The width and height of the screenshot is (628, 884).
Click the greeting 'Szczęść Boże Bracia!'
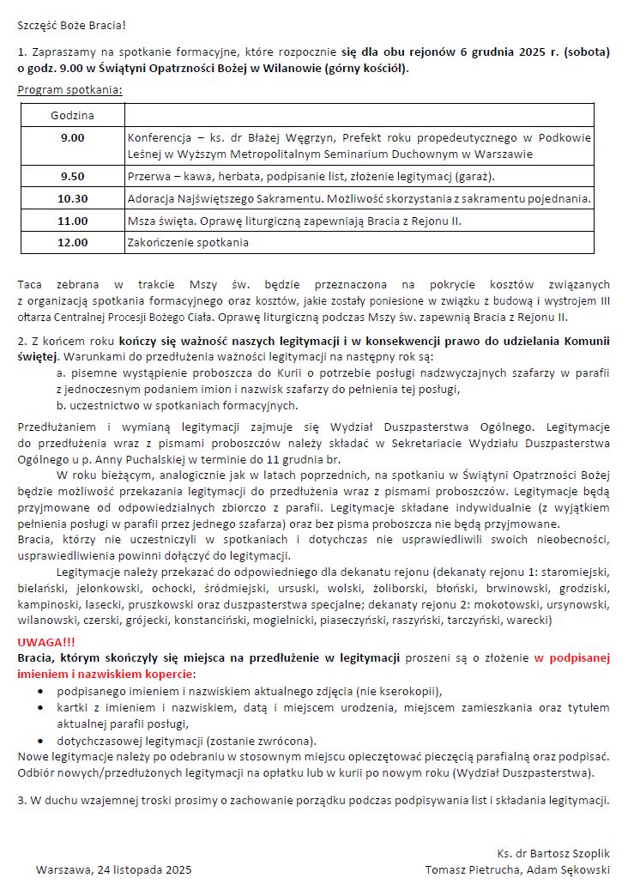[72, 27]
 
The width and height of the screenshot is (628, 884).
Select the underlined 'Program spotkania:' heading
[69, 90]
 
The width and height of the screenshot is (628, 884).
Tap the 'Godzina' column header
[72, 115]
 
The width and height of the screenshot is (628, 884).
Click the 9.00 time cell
[72, 137]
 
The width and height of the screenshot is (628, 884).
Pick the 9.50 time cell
[72, 176]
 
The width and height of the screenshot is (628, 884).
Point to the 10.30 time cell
[72, 198]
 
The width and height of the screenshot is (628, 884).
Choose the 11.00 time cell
[72, 221]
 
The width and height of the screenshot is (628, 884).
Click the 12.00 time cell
[72, 242]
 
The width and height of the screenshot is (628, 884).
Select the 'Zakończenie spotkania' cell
[188, 242]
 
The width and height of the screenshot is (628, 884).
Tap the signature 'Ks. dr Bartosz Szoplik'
[553, 854]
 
